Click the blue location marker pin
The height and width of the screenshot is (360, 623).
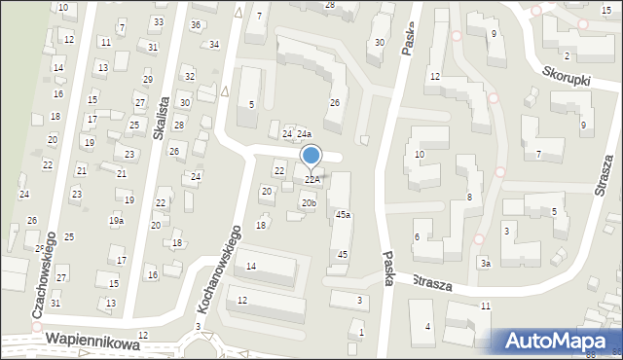311,156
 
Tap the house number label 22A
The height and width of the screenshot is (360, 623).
311,179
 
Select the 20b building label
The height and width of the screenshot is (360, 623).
308,202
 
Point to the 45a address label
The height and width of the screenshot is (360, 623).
343,214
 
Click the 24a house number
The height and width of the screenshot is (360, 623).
304,133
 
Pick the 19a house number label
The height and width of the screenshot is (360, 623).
116,221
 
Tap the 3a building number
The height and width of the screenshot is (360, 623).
484,263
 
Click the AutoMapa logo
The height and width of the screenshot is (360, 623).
556,341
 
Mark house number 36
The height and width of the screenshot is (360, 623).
196,24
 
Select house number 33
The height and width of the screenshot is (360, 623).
158,21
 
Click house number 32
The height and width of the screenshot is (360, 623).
190,76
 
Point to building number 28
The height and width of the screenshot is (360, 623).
329,5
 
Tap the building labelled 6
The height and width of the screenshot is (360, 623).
417,236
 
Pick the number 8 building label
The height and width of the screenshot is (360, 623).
469,198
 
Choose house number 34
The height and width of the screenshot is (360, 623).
214,44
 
